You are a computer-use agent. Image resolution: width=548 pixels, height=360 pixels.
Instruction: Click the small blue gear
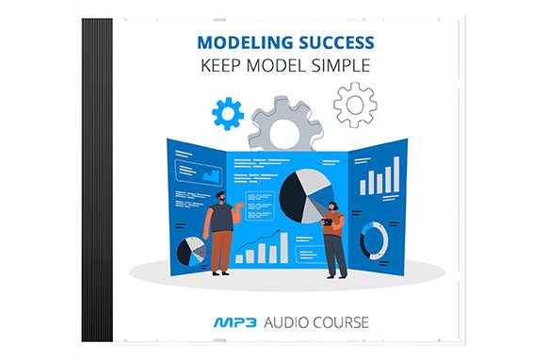(228, 114)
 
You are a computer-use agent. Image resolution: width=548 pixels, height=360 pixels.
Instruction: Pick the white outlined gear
(355, 104)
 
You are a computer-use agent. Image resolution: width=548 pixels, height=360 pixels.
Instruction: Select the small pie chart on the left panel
(192, 250)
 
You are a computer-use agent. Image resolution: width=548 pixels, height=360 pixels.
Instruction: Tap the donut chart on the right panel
(374, 240)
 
